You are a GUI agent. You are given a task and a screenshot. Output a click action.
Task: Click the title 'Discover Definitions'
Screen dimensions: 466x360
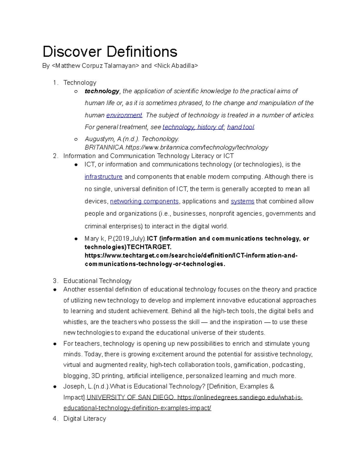coord(110,52)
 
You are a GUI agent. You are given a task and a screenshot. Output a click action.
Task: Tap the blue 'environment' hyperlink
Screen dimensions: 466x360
coord(124,115)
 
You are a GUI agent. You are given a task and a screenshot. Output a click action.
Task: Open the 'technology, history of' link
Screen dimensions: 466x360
coord(193,127)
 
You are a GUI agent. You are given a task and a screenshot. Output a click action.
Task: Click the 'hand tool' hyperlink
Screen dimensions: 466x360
coord(241,127)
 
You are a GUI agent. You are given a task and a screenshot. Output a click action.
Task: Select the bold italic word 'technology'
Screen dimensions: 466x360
coord(102,91)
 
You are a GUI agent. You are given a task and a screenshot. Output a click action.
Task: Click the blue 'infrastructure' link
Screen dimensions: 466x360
coord(103,177)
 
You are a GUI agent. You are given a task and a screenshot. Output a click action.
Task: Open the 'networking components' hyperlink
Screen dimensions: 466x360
coord(144,201)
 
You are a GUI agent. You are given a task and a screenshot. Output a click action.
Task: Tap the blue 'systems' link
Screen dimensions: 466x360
coord(242,201)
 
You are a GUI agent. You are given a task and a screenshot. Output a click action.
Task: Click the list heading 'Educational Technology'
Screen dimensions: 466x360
coord(97,281)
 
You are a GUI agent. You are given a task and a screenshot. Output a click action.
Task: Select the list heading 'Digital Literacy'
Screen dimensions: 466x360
coord(85,419)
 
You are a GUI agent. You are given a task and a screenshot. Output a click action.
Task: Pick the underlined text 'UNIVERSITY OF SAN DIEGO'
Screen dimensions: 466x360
coord(130,398)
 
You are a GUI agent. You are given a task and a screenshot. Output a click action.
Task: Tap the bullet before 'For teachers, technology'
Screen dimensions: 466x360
coord(55,344)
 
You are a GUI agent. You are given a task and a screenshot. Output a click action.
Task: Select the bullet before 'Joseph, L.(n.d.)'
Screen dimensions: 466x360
coord(55,387)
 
